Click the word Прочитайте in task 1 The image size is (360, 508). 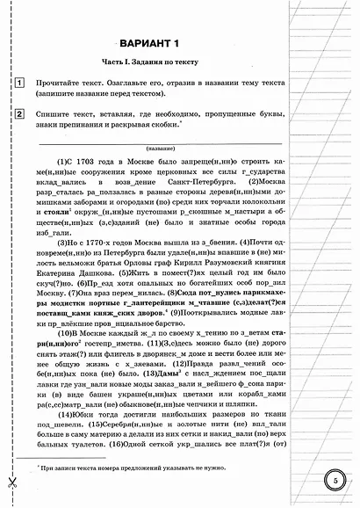coord(61,83)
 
